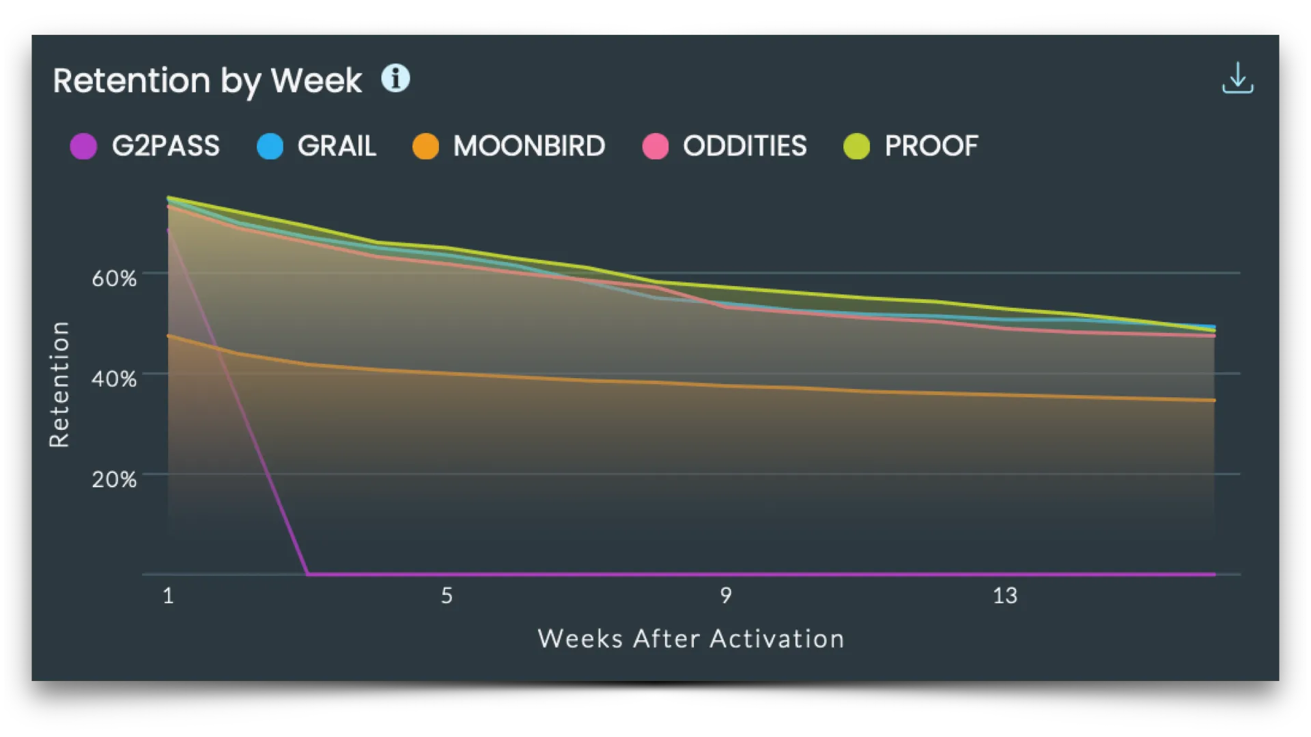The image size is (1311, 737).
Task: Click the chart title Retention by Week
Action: click(x=208, y=81)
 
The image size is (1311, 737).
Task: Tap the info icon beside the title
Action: click(x=395, y=78)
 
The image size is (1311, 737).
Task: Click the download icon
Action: click(x=1237, y=78)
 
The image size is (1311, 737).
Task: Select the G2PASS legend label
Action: click(x=166, y=146)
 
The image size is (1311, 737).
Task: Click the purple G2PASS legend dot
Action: click(x=83, y=146)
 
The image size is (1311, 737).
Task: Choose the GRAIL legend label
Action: click(x=337, y=146)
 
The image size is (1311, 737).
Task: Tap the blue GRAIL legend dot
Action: click(x=270, y=146)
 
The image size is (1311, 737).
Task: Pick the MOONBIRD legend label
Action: click(x=529, y=146)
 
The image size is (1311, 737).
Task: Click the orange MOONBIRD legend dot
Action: click(x=425, y=146)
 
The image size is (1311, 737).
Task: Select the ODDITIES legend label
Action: click(x=745, y=146)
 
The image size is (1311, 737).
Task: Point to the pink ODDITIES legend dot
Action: click(x=655, y=146)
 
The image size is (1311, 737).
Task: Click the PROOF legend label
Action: click(x=931, y=146)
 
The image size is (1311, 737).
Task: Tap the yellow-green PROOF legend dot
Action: click(x=856, y=146)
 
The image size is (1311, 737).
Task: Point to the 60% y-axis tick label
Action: click(x=114, y=278)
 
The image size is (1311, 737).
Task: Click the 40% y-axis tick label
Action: click(x=114, y=379)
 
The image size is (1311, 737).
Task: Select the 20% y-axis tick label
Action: click(x=114, y=480)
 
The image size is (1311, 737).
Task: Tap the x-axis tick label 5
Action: click(x=447, y=596)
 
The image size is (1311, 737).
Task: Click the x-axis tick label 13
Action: click(x=1004, y=596)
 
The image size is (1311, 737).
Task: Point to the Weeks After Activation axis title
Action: click(x=691, y=639)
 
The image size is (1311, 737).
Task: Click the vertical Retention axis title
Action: click(x=60, y=384)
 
